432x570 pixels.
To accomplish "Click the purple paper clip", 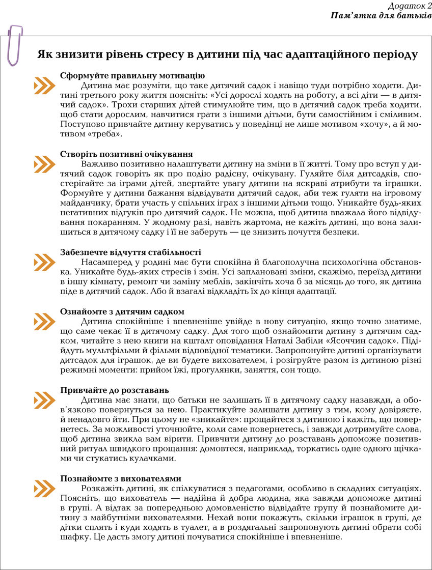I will (15, 45).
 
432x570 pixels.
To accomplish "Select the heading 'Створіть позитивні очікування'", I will (126, 154).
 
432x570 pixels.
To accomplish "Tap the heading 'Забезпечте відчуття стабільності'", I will (130, 252).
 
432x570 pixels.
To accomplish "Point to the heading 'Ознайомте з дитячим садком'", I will (122, 311).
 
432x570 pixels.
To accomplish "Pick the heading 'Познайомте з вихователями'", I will (121, 478).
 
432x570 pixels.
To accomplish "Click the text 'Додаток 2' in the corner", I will (410, 6).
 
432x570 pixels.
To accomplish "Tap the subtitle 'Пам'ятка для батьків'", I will (381, 16).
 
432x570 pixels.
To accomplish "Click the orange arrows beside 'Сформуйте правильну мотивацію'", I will (45, 85).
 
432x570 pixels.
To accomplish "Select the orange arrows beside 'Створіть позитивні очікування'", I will (45, 164).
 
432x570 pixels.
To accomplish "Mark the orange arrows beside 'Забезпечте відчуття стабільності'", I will (45, 262).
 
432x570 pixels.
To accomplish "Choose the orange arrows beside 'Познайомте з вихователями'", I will (45, 489).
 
